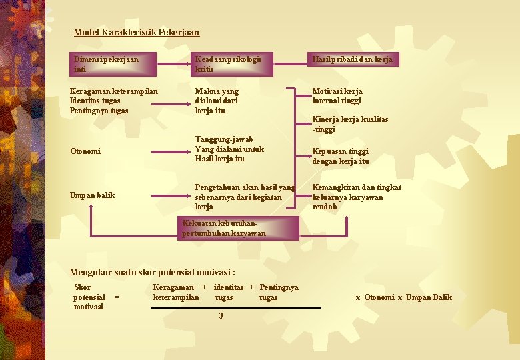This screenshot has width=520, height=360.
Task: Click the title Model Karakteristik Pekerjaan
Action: (x=136, y=32)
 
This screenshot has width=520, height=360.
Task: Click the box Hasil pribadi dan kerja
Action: (x=353, y=59)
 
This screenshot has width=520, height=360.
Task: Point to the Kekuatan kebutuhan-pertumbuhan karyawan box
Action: (x=237, y=228)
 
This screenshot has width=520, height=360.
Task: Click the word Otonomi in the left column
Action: (x=85, y=151)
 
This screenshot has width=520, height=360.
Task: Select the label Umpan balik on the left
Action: (x=92, y=195)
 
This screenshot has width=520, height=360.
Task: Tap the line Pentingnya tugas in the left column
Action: (x=99, y=111)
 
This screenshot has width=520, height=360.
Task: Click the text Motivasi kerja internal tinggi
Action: (x=337, y=96)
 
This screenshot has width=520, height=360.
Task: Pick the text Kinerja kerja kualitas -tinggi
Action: (x=350, y=124)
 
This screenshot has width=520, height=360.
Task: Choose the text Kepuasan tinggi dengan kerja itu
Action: (x=340, y=156)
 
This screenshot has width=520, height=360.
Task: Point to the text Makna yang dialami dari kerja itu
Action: (x=217, y=101)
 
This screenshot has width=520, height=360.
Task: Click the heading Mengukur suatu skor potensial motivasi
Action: (x=152, y=272)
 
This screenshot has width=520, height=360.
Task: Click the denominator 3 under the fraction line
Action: (x=221, y=315)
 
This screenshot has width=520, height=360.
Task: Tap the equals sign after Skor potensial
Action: (x=117, y=297)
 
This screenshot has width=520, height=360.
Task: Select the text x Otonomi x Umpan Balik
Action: (x=403, y=297)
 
